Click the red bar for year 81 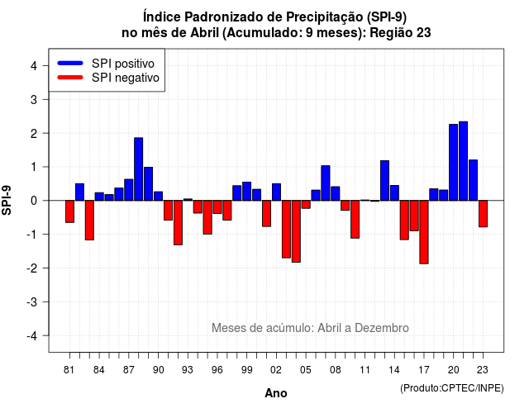pyautogui.click(x=69, y=211)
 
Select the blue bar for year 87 pyautogui.click(x=129, y=190)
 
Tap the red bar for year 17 pyautogui.click(x=424, y=232)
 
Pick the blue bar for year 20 pyautogui.click(x=454, y=163)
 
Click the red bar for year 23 pyautogui.click(x=483, y=213)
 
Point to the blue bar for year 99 pyautogui.click(x=247, y=191)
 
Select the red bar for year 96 pyautogui.click(x=217, y=206)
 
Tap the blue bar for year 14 pyautogui.click(x=395, y=192)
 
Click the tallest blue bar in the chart pyautogui.click(x=463, y=161)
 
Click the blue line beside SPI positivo pyautogui.click(x=70, y=63)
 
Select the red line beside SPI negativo pyautogui.click(x=70, y=77)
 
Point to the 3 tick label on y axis pyautogui.click(x=34, y=100)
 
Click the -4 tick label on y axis pyautogui.click(x=33, y=336)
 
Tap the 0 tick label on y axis pyautogui.click(x=34, y=201)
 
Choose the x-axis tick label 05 pyautogui.click(x=306, y=370)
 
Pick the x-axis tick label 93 pyautogui.click(x=188, y=370)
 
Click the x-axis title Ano pyautogui.click(x=276, y=393)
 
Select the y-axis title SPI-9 pyautogui.click(x=7, y=200)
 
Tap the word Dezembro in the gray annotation pyautogui.click(x=382, y=328)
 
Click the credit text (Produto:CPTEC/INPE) pyautogui.click(x=452, y=388)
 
